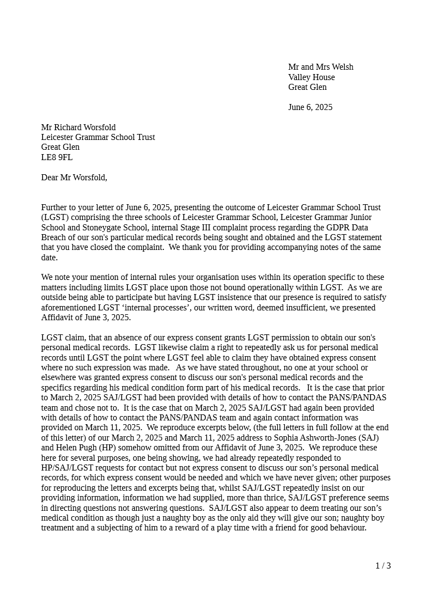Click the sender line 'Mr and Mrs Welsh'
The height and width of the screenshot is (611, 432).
(x=320, y=67)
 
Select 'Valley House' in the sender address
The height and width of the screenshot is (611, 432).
(x=311, y=77)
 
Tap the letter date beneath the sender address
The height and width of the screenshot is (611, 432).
(x=310, y=107)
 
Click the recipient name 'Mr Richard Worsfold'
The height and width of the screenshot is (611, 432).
(x=78, y=127)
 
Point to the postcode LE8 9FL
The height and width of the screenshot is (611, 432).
(x=57, y=157)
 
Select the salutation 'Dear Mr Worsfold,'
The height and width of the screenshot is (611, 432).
(x=74, y=178)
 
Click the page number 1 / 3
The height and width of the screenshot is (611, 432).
(x=383, y=566)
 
